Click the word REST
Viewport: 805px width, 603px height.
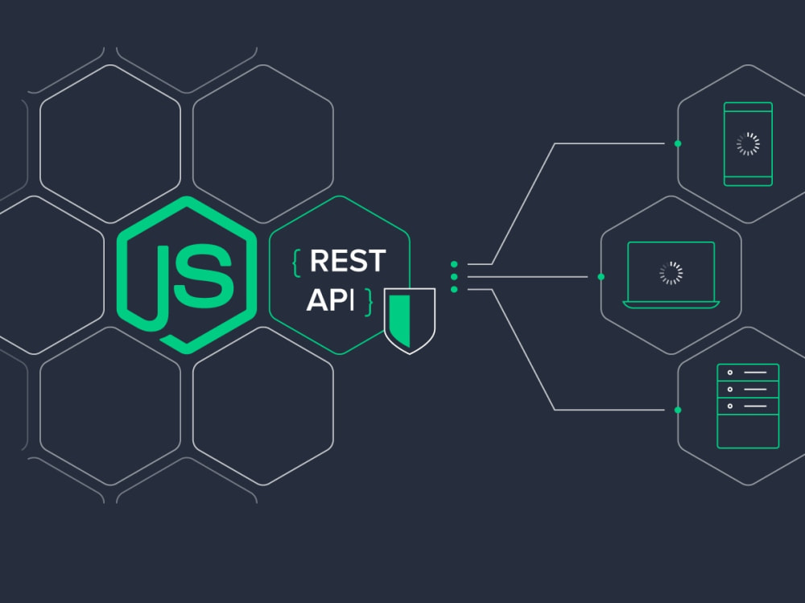[x=348, y=261]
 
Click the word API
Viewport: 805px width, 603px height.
[x=331, y=300]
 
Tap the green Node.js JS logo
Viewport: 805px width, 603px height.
[x=187, y=275]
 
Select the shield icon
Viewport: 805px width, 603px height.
[x=410, y=320]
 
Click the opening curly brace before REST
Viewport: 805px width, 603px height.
[x=296, y=263]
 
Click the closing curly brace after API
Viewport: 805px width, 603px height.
[x=368, y=302]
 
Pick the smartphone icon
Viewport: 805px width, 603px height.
[x=748, y=144]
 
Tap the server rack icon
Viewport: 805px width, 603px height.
[x=748, y=406]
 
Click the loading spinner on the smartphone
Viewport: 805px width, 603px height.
[x=748, y=144]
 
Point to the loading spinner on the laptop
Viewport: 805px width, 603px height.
[x=671, y=273]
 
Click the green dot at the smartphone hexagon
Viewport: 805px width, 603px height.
[x=678, y=144]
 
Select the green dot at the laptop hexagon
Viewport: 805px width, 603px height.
[x=601, y=277]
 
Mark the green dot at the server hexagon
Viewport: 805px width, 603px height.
[x=678, y=410]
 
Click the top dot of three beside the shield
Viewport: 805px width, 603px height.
[x=454, y=265]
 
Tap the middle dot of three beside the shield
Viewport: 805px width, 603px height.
[x=454, y=277]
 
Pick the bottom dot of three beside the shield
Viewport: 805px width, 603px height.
[x=454, y=290]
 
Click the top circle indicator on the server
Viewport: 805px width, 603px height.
[x=730, y=373]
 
